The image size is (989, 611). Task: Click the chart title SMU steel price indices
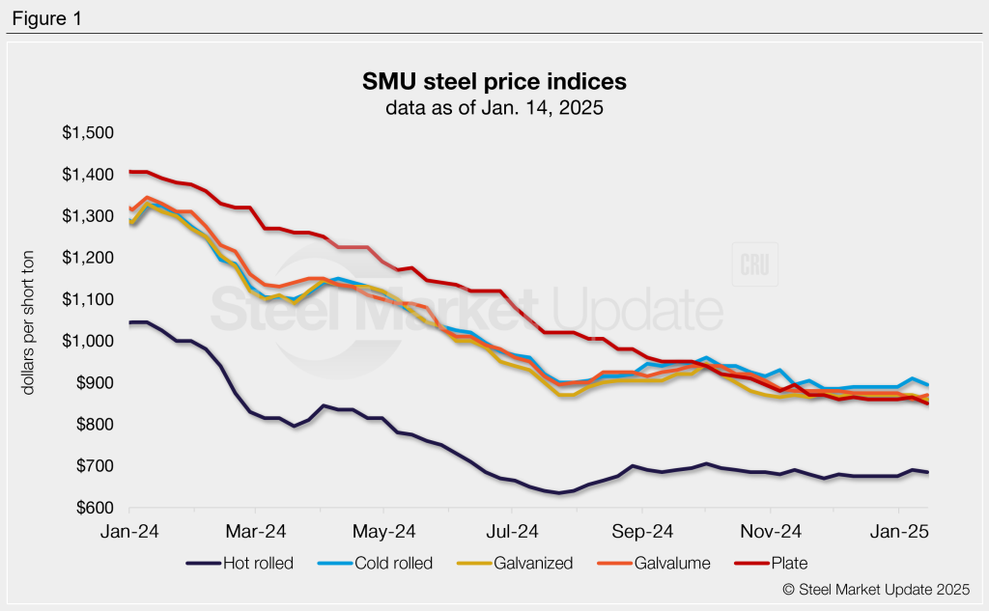click(x=494, y=80)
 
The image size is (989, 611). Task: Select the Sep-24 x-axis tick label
click(x=642, y=530)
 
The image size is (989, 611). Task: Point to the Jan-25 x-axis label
click(x=899, y=530)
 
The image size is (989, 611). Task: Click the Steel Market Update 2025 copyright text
click(x=876, y=588)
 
